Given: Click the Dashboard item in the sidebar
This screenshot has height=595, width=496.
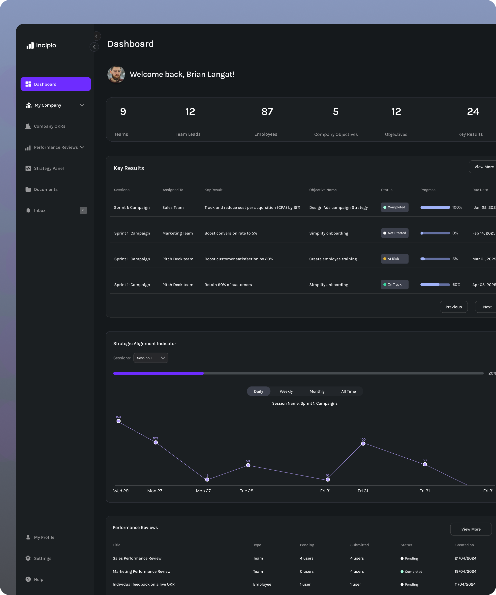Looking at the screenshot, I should click(56, 84).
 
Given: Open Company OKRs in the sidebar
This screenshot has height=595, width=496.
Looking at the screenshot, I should click(49, 126).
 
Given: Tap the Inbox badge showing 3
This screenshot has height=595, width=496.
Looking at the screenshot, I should click(83, 210).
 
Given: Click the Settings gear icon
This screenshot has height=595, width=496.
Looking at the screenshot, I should click(28, 558).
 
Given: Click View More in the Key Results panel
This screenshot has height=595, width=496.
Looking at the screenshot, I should click(484, 167).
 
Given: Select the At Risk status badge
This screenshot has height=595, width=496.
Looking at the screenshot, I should click(395, 259).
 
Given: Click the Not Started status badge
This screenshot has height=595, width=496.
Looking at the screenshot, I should click(395, 233).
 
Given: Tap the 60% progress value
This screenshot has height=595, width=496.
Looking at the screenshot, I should click(456, 284).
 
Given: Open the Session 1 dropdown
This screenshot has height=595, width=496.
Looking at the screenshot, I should click(151, 358).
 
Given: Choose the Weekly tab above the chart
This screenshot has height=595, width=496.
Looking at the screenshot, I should click(286, 391).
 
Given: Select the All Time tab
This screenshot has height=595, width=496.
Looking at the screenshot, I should click(348, 391).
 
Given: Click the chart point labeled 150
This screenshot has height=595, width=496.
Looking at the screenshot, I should click(119, 421).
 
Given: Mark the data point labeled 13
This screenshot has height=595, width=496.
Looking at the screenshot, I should click(207, 479).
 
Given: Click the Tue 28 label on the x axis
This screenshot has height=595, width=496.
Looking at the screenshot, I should click(247, 491).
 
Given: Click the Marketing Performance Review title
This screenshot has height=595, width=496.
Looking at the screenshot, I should click(141, 571).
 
